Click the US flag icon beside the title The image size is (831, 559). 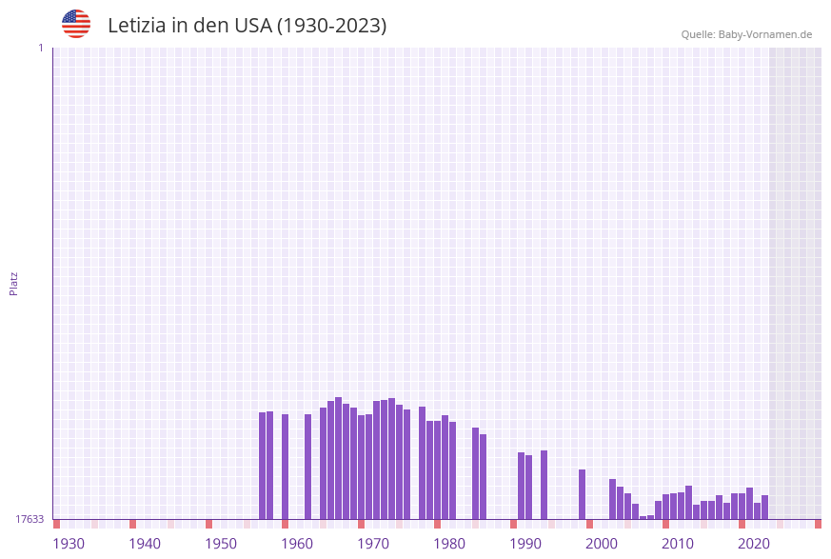coord(76,24)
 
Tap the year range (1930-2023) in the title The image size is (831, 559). coord(331,26)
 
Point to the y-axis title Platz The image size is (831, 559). coord(14,283)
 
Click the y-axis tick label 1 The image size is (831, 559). coord(40,48)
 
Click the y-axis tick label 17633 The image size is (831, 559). coord(30,519)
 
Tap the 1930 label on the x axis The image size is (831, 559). coord(69,543)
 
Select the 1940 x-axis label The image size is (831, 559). coord(145,543)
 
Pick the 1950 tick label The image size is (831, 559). coord(221,543)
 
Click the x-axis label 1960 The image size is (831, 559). coord(297,543)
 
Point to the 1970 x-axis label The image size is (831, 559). coord(373,543)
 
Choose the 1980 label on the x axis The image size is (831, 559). coord(449,543)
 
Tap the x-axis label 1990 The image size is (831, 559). coord(525,543)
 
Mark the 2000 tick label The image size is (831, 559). coord(602,543)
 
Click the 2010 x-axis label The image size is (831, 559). coord(678,543)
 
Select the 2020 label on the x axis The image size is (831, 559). coord(754,543)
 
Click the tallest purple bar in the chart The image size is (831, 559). coord(338,457)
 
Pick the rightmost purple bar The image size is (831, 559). coord(764,507)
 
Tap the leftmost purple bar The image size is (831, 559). coord(262,466)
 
